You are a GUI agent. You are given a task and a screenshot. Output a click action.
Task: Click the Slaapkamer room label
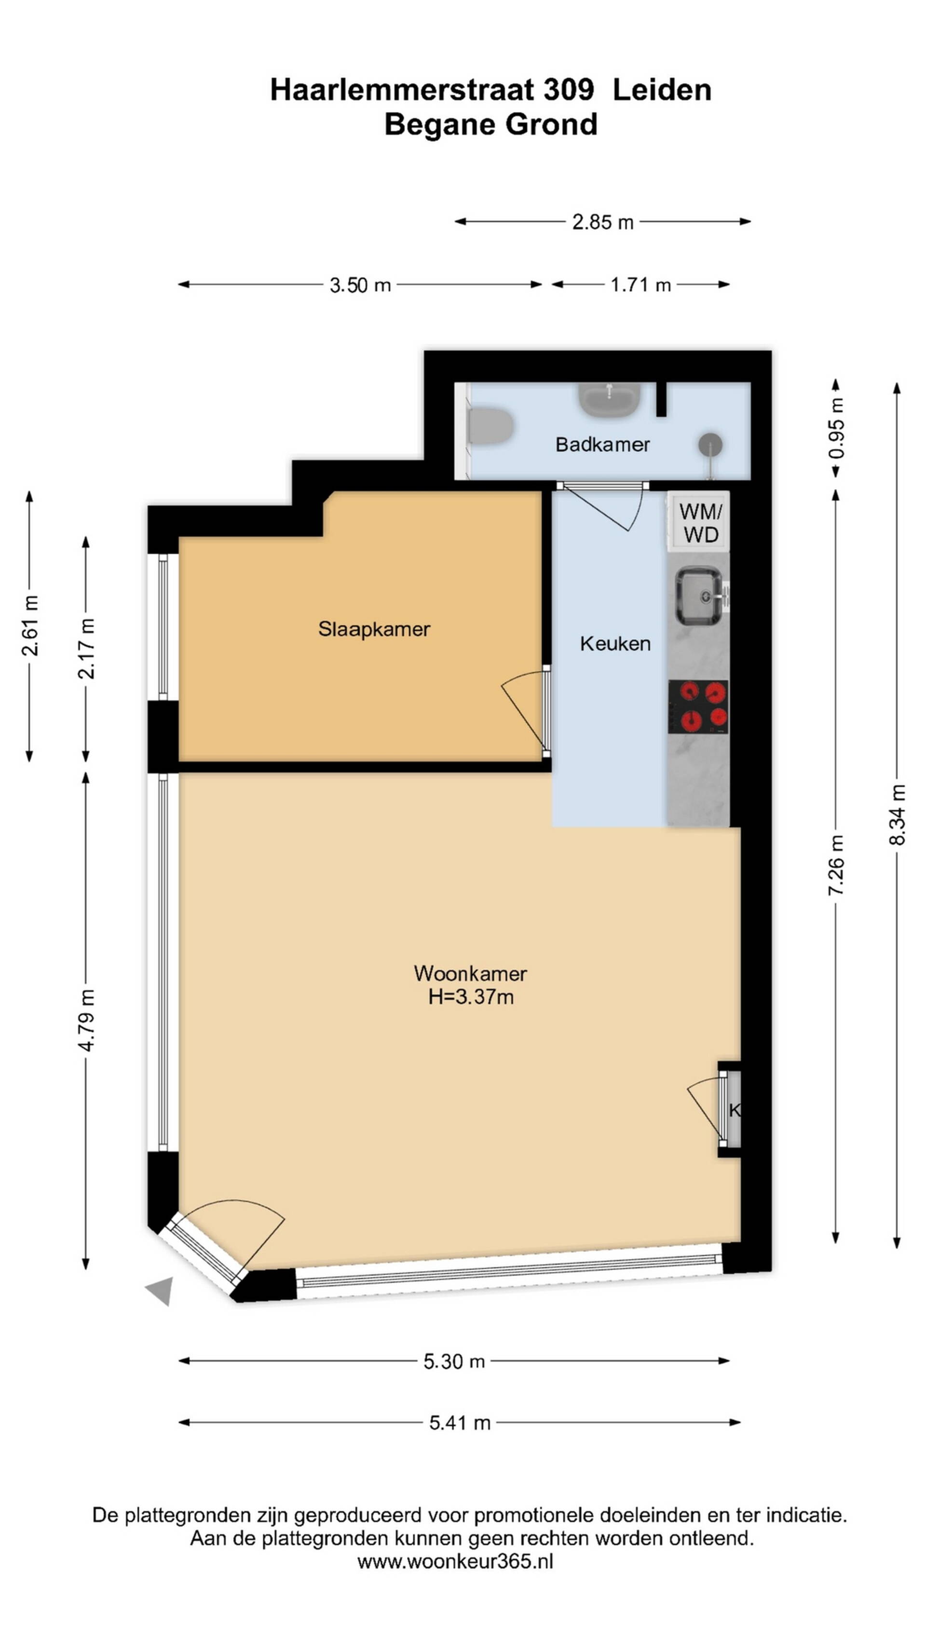(x=374, y=629)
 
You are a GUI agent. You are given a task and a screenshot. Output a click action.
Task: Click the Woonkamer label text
(x=470, y=973)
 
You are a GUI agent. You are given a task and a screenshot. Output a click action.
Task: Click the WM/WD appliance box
(x=699, y=521)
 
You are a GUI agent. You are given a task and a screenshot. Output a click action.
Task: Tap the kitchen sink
(x=700, y=597)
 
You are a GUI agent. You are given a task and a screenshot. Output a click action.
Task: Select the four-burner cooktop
(x=698, y=706)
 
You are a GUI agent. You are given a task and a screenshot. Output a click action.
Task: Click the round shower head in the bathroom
(x=710, y=444)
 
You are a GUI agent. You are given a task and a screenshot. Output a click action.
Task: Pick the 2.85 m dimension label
(x=603, y=222)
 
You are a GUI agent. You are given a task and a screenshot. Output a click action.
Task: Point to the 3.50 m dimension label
(x=360, y=285)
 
